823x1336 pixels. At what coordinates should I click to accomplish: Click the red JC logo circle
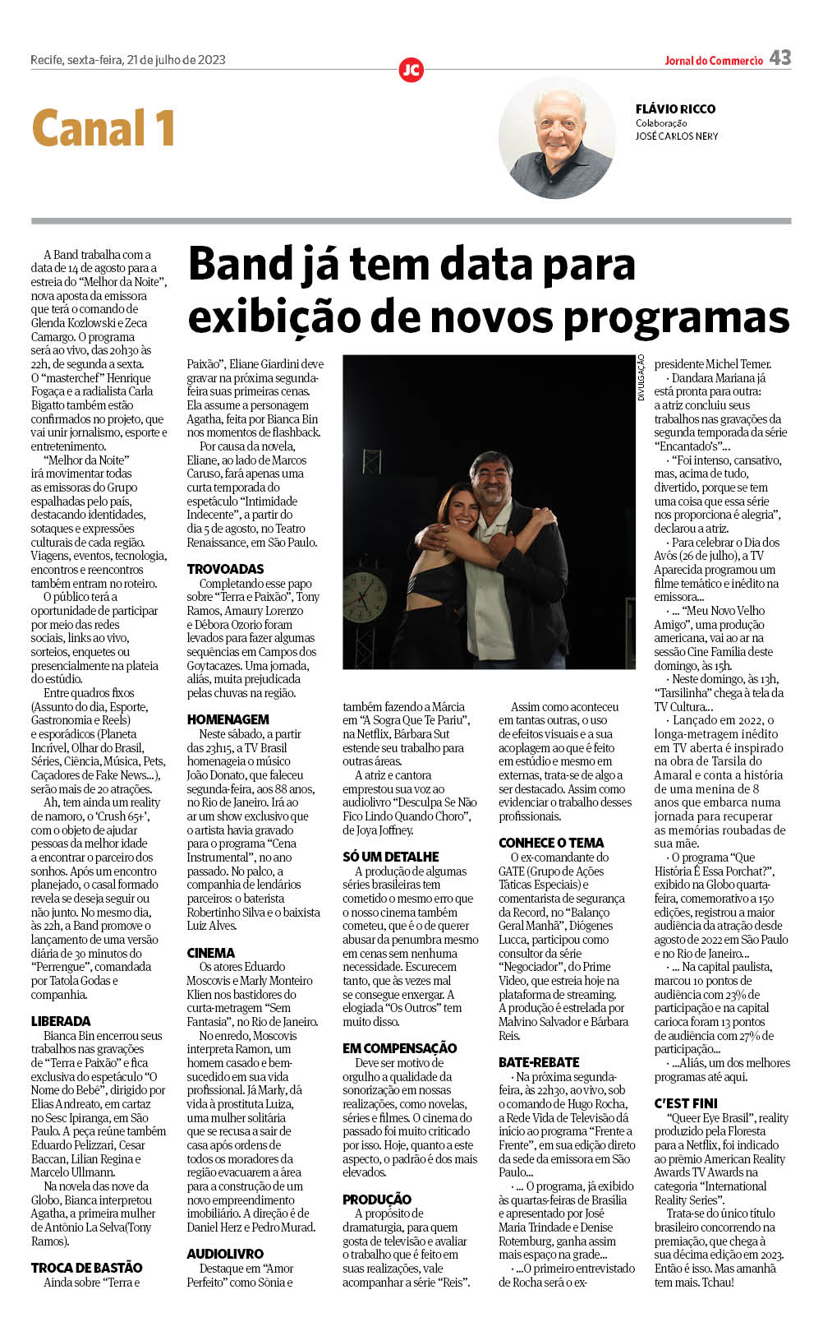point(411,70)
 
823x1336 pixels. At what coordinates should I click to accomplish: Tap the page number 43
point(780,58)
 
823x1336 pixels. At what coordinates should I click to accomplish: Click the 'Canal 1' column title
point(103,128)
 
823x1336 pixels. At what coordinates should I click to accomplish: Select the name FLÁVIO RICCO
point(675,109)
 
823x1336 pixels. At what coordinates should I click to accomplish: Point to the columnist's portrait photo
point(557,137)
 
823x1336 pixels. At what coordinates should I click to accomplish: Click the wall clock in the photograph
point(366,596)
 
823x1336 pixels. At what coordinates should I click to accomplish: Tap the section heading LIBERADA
point(61,1021)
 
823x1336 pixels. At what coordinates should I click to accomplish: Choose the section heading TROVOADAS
point(225,569)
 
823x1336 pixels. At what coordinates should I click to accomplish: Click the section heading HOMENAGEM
point(228,719)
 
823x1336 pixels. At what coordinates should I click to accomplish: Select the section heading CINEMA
point(210,953)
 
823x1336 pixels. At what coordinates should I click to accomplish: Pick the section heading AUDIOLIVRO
point(225,1254)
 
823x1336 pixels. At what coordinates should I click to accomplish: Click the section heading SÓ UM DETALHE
point(390,857)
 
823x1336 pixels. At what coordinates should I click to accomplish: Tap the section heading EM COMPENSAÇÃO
point(399,1048)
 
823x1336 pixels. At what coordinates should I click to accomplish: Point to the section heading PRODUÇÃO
point(377,1200)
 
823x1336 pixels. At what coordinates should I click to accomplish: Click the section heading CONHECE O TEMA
point(551,843)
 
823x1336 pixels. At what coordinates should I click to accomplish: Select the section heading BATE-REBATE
point(539,1062)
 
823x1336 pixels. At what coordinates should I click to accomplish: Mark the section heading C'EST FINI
point(686,1103)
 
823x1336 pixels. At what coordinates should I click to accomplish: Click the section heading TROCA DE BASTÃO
point(87,1268)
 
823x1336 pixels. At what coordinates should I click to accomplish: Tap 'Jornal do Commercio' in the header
point(714,61)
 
